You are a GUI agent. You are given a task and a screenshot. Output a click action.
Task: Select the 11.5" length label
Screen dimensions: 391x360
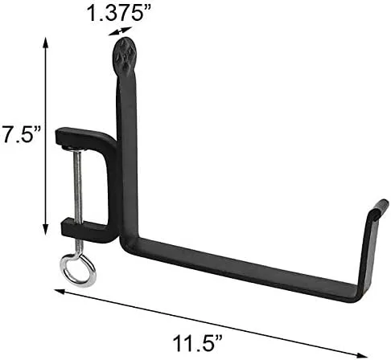[x=198, y=343]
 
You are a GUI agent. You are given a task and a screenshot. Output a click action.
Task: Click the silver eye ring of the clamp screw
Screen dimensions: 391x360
[x=78, y=270]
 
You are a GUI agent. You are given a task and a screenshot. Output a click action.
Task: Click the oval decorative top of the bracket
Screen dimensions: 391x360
[x=126, y=57]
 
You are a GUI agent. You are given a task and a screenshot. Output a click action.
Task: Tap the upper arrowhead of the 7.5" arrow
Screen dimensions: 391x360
[x=46, y=43]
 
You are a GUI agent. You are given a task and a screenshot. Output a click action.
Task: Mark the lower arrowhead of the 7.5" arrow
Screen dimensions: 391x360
[x=46, y=230]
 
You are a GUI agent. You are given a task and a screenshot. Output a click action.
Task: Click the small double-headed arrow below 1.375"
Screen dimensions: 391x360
[x=120, y=31]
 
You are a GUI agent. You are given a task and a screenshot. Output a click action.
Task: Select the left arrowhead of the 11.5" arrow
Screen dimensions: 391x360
[x=60, y=291]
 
